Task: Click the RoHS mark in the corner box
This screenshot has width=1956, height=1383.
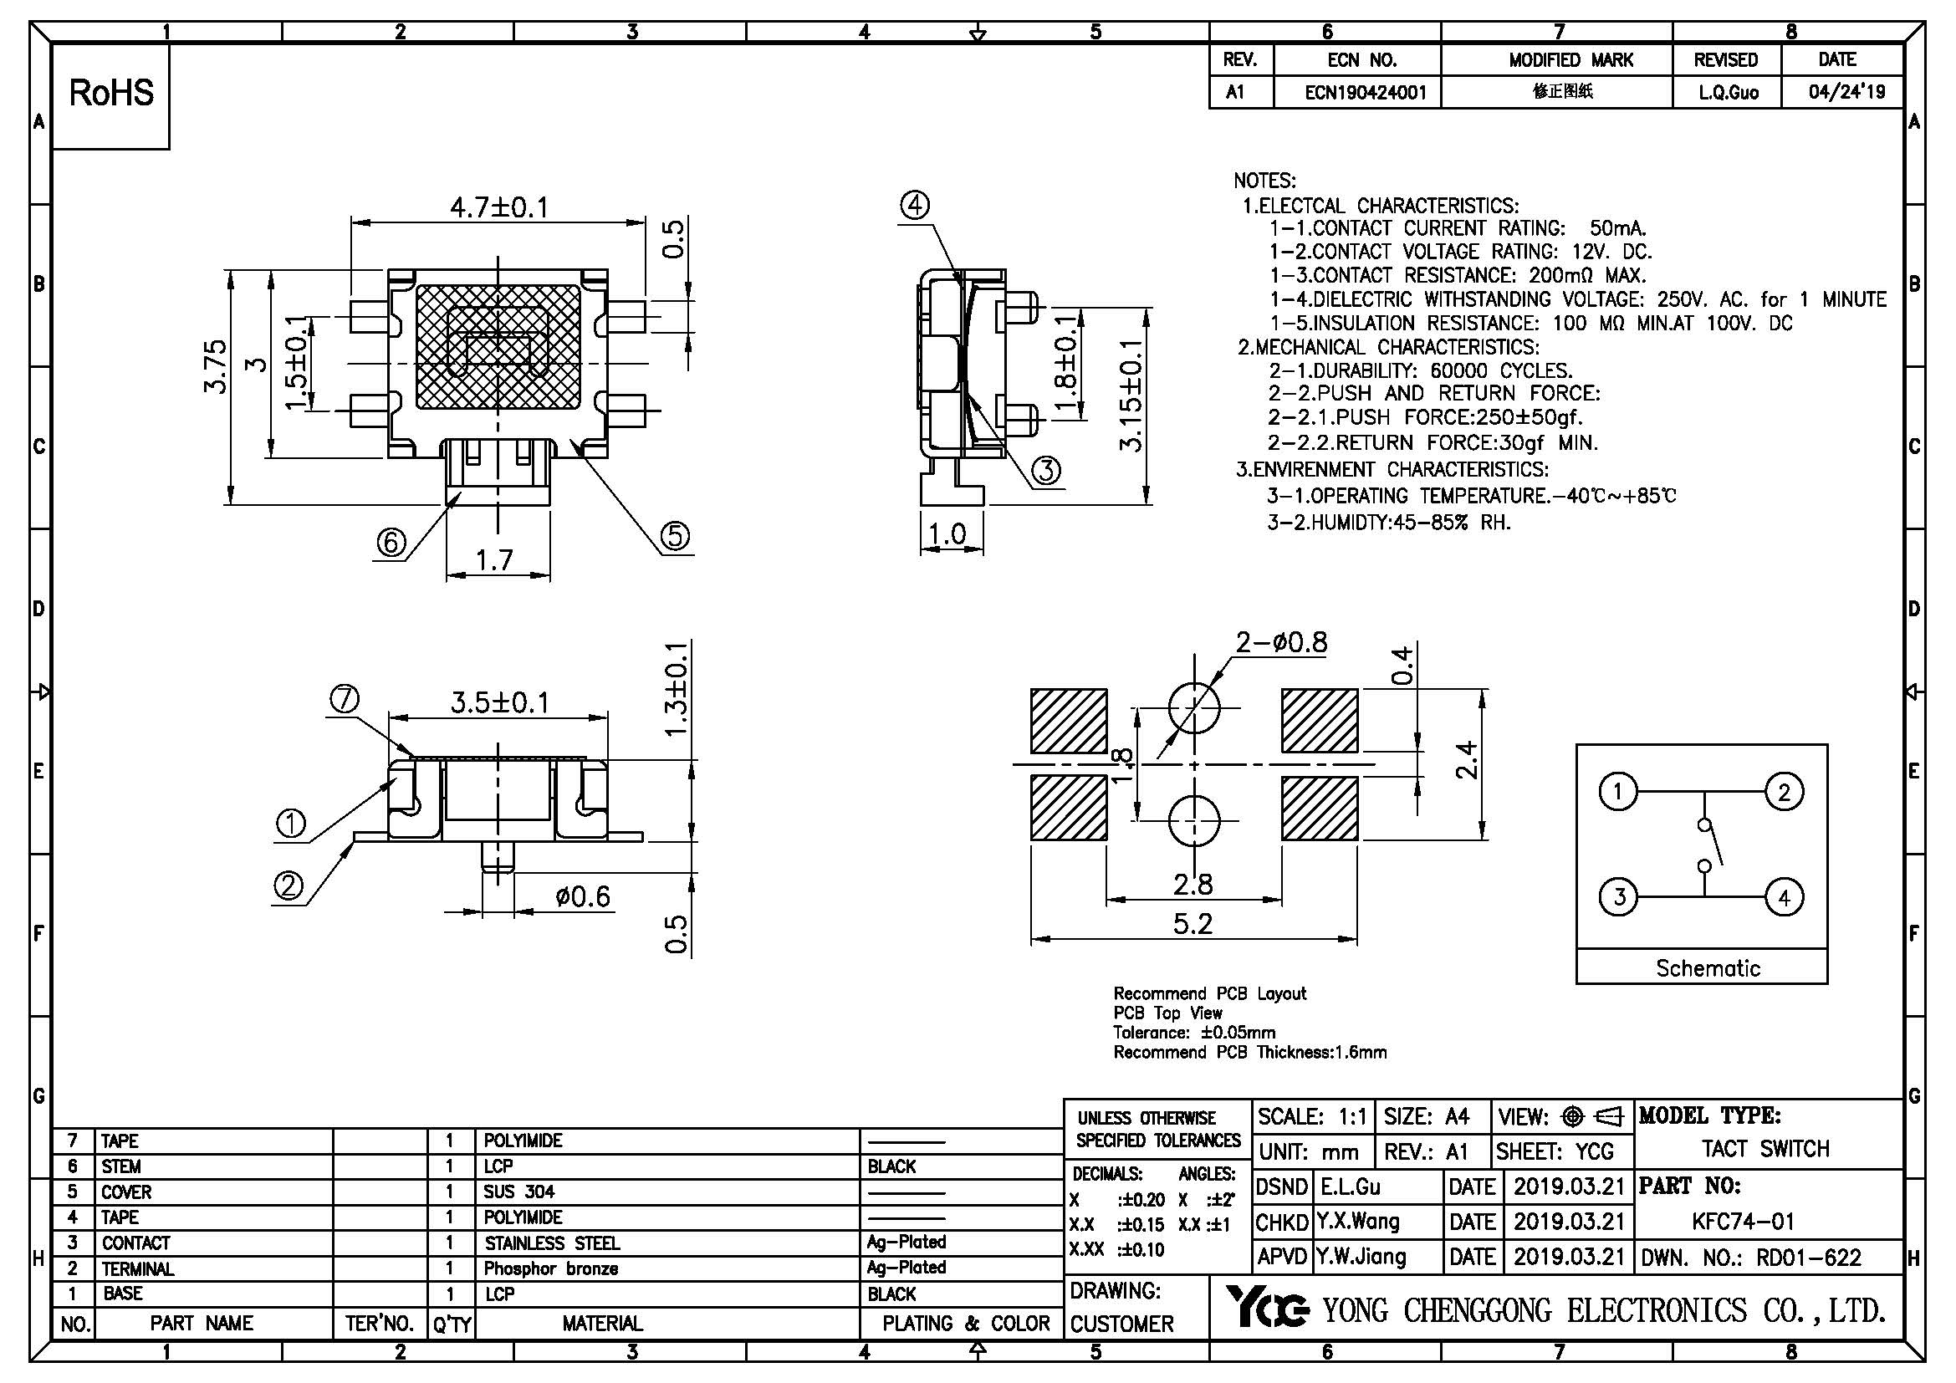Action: click(110, 94)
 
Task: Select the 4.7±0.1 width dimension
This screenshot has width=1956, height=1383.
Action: click(498, 207)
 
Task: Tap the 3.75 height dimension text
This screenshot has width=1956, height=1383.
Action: click(217, 366)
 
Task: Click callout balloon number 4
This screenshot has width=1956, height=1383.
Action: click(915, 205)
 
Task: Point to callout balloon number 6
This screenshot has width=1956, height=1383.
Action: click(391, 542)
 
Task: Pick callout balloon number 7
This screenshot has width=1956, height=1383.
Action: click(345, 699)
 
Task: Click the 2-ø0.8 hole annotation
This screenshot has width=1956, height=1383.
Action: click(1280, 641)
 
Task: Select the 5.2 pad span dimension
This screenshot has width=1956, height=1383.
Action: click(1192, 923)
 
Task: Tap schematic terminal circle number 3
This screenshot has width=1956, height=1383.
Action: click(1619, 896)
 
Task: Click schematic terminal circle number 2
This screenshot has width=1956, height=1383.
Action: click(1784, 792)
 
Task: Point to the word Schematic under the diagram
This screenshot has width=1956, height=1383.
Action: click(1708, 968)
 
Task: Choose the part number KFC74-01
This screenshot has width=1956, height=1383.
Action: click(1743, 1221)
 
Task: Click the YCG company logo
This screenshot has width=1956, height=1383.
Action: click(1267, 1307)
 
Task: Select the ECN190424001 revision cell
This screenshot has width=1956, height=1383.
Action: click(1365, 92)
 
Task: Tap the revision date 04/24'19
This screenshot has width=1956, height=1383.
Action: click(1847, 92)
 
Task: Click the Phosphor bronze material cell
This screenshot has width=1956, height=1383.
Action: click(550, 1268)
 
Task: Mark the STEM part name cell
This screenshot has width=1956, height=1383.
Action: click(121, 1166)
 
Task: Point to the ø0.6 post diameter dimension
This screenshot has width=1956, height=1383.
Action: click(583, 896)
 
